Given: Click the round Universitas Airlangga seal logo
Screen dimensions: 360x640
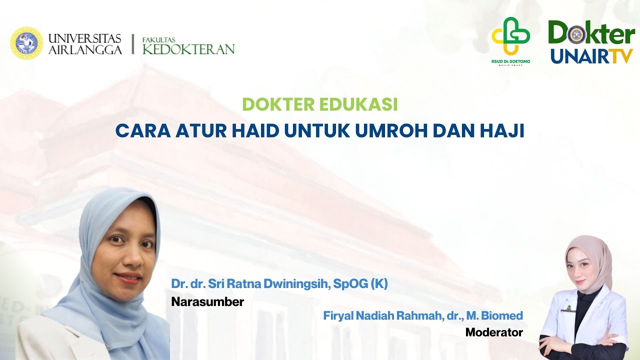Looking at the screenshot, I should (26, 43).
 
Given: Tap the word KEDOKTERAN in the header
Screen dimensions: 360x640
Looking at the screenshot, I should (188, 49).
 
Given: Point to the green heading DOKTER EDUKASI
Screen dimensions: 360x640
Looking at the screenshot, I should (319, 104).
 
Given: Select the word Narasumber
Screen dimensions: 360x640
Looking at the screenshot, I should (207, 302).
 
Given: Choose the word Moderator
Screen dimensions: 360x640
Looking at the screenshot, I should (493, 332).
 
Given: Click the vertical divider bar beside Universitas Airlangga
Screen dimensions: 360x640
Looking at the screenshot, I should (132, 44).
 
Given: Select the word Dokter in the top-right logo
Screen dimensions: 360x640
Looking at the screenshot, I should (591, 34).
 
